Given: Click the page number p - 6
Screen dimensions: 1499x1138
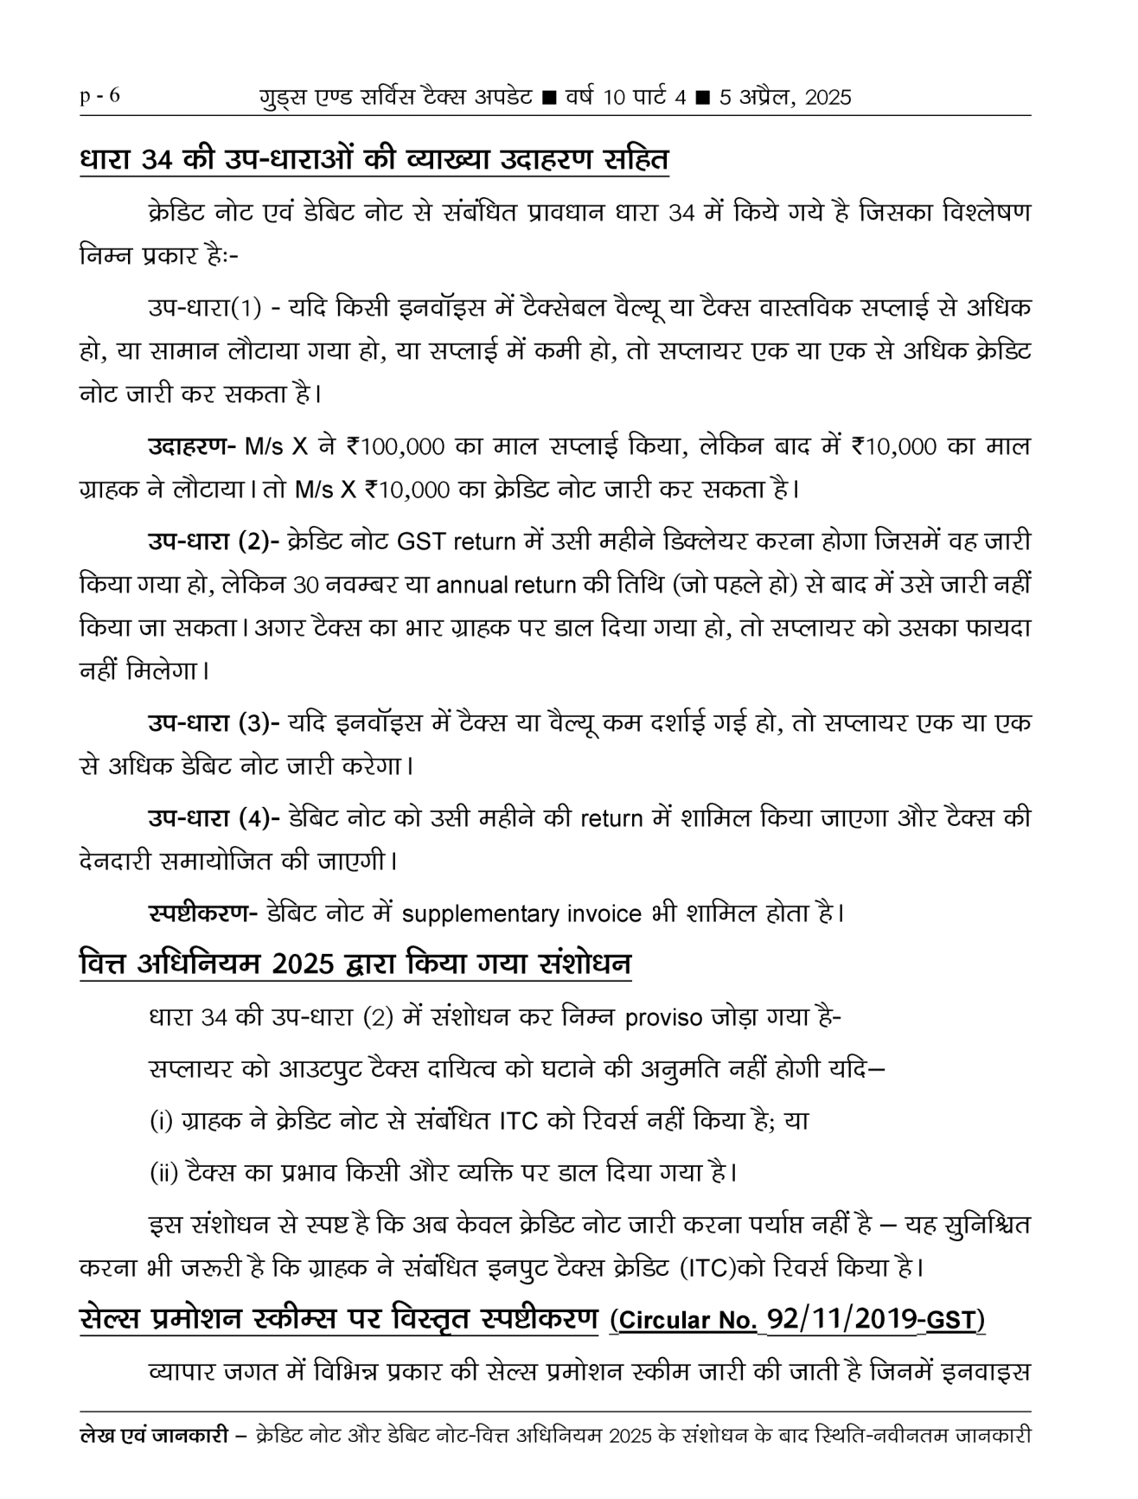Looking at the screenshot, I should pos(99,96).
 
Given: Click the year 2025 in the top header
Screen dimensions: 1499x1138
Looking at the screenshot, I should pos(828,98).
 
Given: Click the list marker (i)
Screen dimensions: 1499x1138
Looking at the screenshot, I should pos(161,1122).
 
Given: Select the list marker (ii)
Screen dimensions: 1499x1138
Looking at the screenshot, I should pos(163,1174).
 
